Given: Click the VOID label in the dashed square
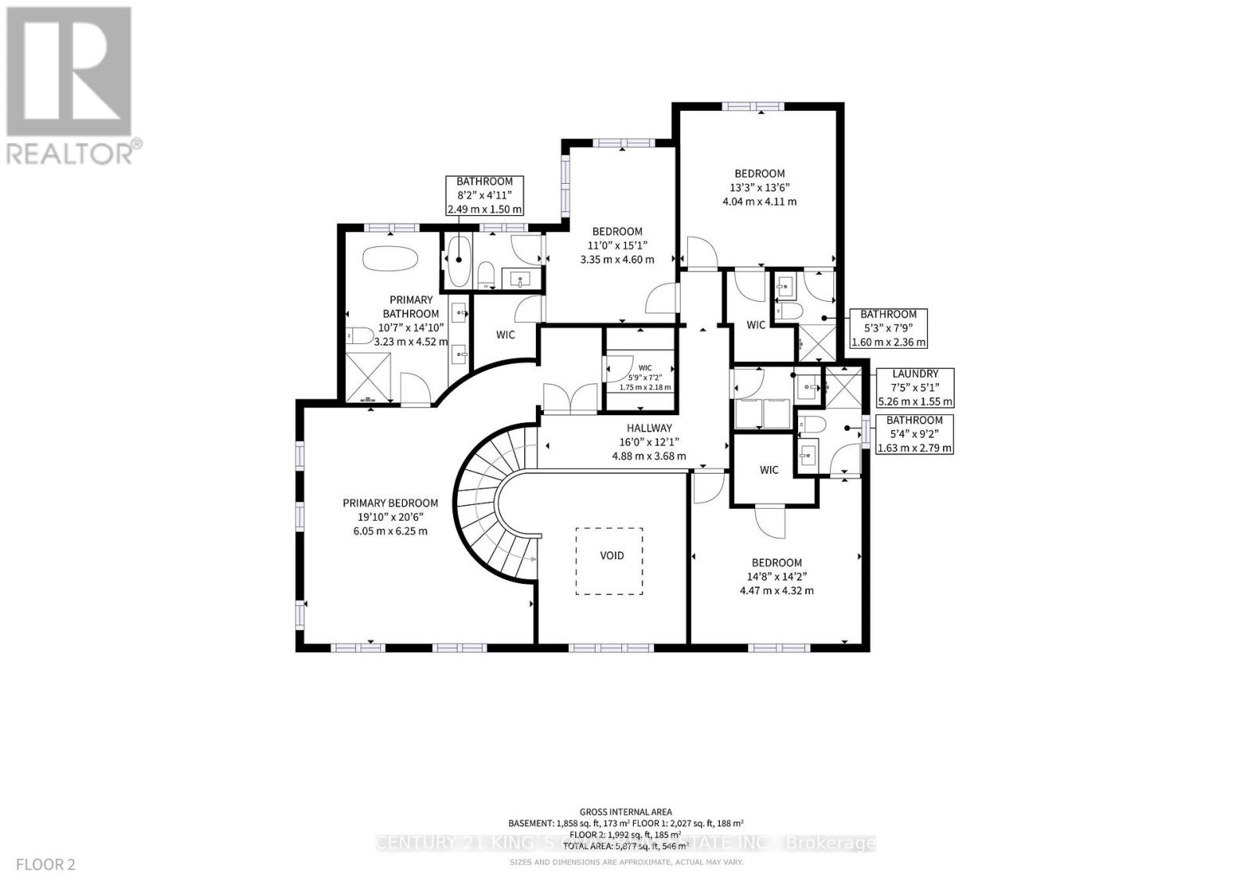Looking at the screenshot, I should click(611, 556).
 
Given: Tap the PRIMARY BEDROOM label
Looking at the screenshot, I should click(390, 503).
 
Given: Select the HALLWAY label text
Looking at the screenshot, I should click(649, 428).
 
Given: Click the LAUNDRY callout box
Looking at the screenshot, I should click(915, 388).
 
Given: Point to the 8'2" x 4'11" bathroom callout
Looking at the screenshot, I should click(484, 195).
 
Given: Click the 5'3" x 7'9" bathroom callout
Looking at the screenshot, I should click(888, 328).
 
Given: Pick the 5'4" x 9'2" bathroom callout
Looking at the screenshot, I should click(914, 434).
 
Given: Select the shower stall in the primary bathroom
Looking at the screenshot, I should click(369, 376).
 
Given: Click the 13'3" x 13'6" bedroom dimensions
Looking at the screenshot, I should click(759, 188).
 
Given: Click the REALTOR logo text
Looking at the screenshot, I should click(74, 152).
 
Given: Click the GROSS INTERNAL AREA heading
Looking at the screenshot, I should click(625, 812).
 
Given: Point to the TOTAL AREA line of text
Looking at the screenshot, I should click(625, 846).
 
